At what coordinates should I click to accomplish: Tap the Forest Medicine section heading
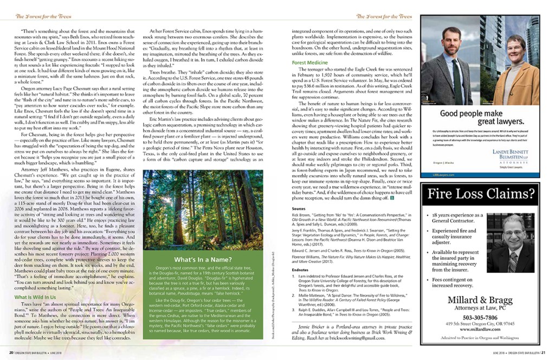click(309, 63)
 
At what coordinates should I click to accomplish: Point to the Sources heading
click(299, 208)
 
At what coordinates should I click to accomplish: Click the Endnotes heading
click(300, 268)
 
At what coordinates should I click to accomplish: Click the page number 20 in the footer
click(4, 352)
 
